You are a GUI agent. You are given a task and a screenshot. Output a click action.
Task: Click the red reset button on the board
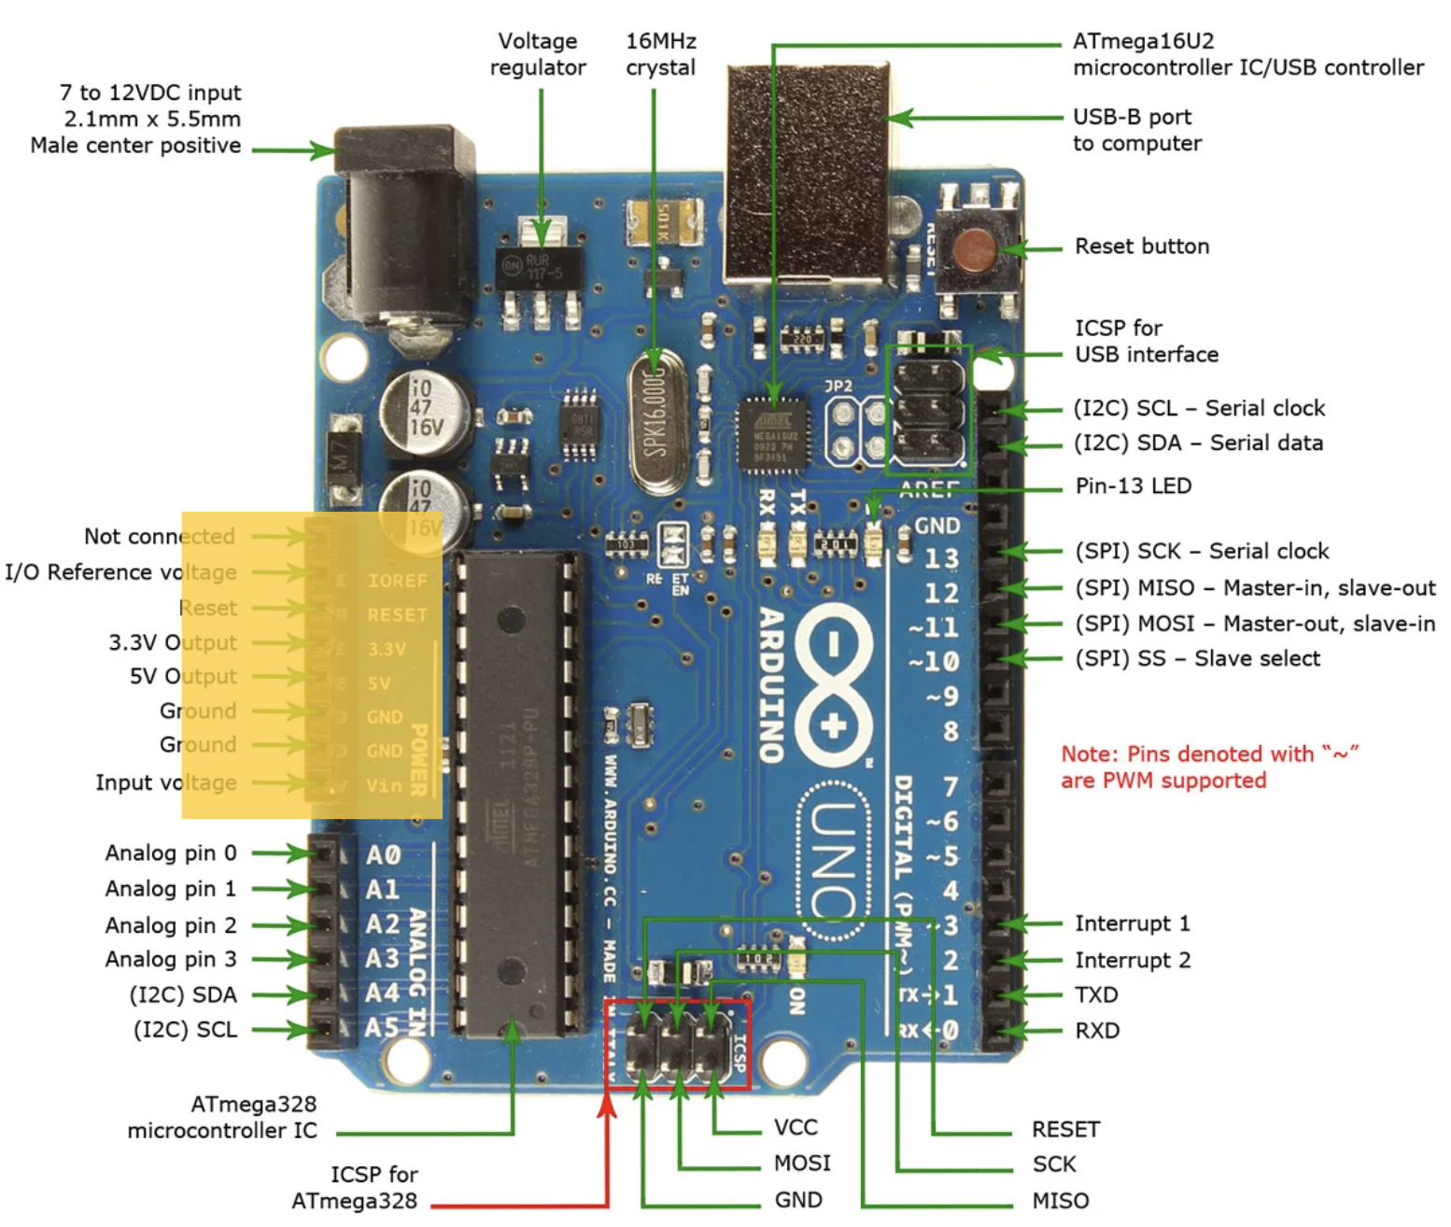pyautogui.click(x=975, y=249)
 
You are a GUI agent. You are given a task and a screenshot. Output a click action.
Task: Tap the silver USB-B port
pyautogui.click(x=807, y=177)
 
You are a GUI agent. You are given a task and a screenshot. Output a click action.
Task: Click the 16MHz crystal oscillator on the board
pyautogui.click(x=655, y=420)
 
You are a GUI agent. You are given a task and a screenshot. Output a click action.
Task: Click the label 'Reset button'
pyautogui.click(x=1141, y=247)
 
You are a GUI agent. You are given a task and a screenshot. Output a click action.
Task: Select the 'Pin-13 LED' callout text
pyautogui.click(x=1133, y=486)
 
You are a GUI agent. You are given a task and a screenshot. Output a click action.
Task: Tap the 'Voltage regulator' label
pyautogui.click(x=538, y=54)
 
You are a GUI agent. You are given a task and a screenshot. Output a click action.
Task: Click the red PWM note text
pyautogui.click(x=1209, y=767)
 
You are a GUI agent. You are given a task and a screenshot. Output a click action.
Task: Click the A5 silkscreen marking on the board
pyautogui.click(x=382, y=1028)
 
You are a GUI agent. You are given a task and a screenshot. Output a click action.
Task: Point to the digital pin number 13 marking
pyautogui.click(x=941, y=558)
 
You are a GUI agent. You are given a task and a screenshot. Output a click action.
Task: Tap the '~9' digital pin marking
pyautogui.click(x=941, y=697)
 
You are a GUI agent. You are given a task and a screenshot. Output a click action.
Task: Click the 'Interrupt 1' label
pyautogui.click(x=1132, y=924)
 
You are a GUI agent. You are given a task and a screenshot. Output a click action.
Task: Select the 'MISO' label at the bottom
pyautogui.click(x=1060, y=1200)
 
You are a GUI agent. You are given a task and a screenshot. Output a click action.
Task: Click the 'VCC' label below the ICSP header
pyautogui.click(x=796, y=1128)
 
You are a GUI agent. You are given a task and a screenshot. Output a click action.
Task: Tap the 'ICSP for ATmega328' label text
pyautogui.click(x=355, y=1187)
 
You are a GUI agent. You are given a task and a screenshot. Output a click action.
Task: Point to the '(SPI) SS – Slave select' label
pyautogui.click(x=1197, y=658)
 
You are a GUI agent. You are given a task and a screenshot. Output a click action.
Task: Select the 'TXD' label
pyautogui.click(x=1096, y=994)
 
